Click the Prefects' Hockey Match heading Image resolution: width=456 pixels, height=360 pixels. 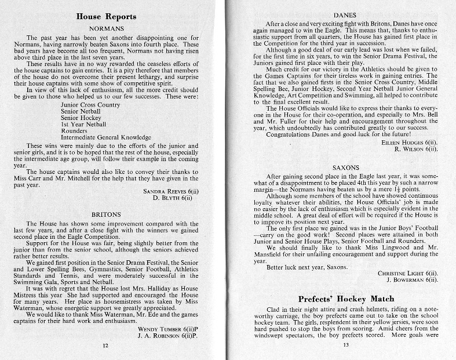point(344,299)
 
